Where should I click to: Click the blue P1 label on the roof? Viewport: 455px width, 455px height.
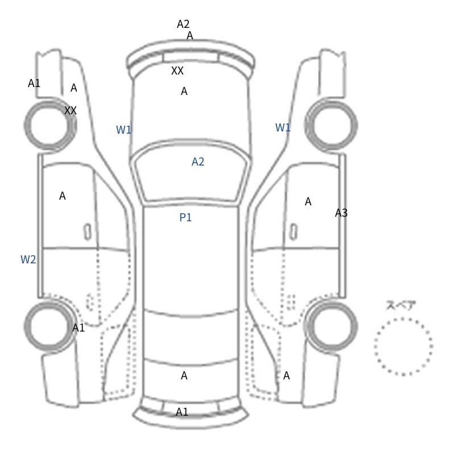(185, 217)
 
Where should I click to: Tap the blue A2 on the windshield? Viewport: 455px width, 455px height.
(198, 162)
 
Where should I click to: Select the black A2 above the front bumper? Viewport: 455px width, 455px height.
(183, 24)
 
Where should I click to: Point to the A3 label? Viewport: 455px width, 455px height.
(341, 213)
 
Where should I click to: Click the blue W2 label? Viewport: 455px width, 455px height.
(28, 259)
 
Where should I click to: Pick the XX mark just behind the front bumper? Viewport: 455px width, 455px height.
(177, 71)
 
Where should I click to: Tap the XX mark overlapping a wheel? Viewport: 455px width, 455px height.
(71, 110)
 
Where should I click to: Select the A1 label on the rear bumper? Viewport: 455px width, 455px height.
(182, 412)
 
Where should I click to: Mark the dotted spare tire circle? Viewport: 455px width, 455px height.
(375, 347)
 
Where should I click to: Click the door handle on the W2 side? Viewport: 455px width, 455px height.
(88, 232)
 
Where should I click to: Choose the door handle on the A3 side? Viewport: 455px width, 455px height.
(293, 232)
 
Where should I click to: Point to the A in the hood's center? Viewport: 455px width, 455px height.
(184, 92)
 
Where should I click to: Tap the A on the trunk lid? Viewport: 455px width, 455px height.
(184, 376)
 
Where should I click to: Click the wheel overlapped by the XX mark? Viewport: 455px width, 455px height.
(26, 125)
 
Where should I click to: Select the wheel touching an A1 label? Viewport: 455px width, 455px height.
(26, 326)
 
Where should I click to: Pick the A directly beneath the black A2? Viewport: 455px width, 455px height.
(190, 36)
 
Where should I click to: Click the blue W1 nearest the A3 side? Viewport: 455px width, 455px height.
(283, 127)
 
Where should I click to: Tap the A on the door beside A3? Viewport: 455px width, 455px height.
(308, 202)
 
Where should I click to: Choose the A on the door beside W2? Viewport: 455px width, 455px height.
(63, 196)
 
